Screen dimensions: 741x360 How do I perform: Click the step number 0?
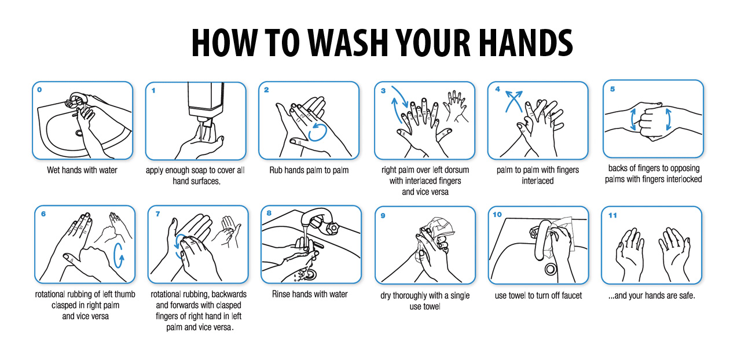tap(40, 90)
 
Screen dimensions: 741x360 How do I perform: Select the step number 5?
tap(612, 89)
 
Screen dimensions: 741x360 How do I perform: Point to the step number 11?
tap(612, 215)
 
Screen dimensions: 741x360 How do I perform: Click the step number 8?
tap(269, 214)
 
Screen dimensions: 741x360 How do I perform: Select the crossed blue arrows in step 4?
tap(513, 101)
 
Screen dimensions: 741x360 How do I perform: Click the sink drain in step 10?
tap(551, 269)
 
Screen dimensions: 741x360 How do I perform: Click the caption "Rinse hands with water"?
tap(310, 294)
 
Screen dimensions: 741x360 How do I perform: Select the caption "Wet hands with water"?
tap(82, 170)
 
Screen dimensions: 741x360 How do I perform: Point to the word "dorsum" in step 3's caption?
tap(456, 170)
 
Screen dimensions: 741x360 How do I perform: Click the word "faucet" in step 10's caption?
tap(571, 296)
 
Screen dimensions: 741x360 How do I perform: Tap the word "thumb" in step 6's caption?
tap(124, 294)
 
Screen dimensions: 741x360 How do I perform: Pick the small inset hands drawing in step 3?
tap(456, 106)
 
